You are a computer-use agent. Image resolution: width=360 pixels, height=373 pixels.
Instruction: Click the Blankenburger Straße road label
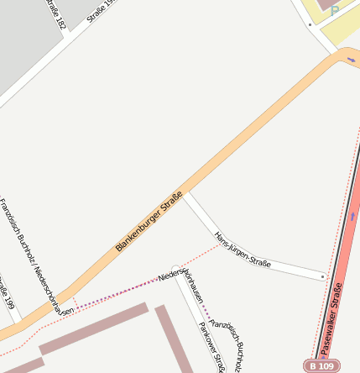click(149, 219)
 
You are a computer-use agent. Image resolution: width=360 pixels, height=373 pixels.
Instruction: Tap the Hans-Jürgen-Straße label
click(243, 250)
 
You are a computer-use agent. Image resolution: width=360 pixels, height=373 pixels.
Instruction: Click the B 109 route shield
click(322, 366)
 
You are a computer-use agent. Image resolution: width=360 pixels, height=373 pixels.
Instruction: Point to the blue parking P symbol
click(335, 12)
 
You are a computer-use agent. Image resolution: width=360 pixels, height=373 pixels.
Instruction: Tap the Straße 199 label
click(8, 291)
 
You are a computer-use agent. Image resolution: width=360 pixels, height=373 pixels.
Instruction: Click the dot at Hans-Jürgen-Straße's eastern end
click(323, 276)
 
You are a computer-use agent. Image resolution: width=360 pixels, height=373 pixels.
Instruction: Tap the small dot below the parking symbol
click(309, 24)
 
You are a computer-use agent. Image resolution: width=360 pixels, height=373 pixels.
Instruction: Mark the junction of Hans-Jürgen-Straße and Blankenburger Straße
click(186, 193)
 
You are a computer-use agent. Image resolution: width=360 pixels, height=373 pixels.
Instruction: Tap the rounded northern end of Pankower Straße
click(175, 271)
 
